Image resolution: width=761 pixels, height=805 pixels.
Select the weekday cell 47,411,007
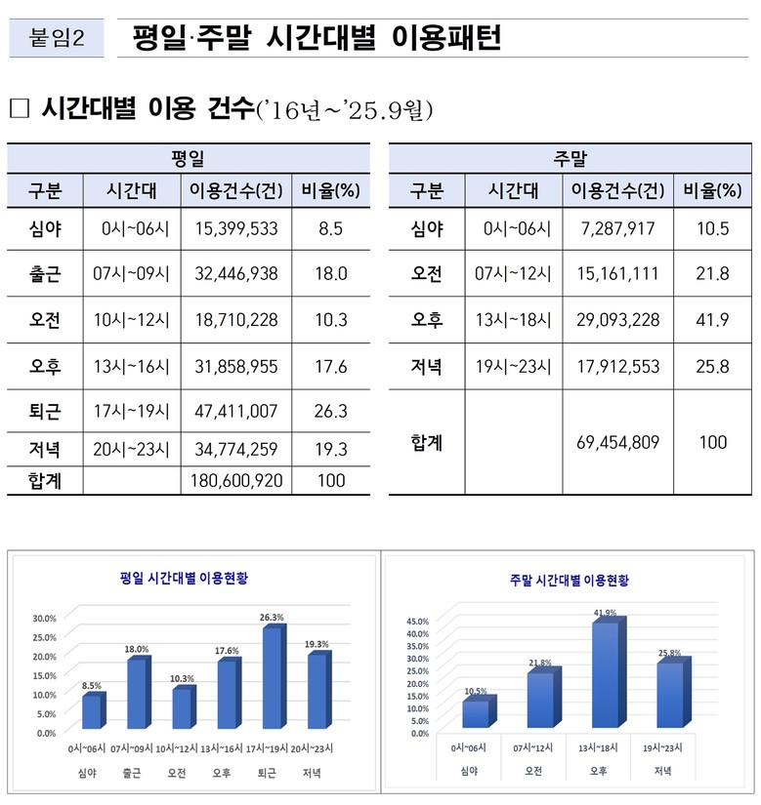click(x=235, y=411)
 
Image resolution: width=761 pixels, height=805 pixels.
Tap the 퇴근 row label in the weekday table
click(x=46, y=411)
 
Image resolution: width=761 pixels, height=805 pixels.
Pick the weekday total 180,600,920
click(x=235, y=480)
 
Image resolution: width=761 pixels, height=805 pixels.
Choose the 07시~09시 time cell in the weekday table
click(x=131, y=274)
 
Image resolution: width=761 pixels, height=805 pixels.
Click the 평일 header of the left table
click(x=188, y=158)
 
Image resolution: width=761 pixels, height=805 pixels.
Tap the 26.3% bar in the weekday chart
click(x=273, y=678)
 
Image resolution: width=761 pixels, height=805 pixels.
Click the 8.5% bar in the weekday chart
click(x=92, y=710)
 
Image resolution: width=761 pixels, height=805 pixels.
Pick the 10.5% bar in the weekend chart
click(x=476, y=713)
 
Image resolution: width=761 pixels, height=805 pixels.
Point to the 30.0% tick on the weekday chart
click(x=44, y=618)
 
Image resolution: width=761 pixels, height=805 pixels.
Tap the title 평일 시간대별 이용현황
click(x=190, y=578)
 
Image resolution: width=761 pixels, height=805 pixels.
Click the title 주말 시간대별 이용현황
click(x=570, y=580)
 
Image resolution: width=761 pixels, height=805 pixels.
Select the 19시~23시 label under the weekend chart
click(x=664, y=747)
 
